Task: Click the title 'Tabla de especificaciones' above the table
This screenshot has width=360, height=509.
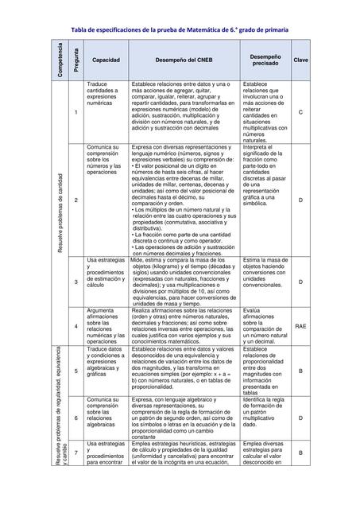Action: [180, 30]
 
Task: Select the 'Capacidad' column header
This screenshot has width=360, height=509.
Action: [106, 60]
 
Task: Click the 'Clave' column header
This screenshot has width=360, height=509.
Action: [300, 60]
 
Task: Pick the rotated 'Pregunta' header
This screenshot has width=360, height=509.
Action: [75, 60]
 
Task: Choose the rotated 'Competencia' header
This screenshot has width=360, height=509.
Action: [59, 60]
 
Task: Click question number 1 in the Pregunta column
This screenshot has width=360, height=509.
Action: [75, 111]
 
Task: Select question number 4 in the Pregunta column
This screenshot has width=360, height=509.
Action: [75, 326]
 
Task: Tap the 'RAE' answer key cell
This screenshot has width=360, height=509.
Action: [300, 326]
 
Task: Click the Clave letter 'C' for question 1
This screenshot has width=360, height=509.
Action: [300, 111]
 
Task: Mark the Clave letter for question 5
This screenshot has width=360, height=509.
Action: [300, 371]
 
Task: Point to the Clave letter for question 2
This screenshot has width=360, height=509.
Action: [300, 200]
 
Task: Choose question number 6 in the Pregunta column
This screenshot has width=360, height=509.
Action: [75, 418]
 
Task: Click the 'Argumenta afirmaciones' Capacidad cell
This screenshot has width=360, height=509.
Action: [106, 326]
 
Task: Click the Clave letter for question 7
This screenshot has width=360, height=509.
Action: [300, 452]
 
